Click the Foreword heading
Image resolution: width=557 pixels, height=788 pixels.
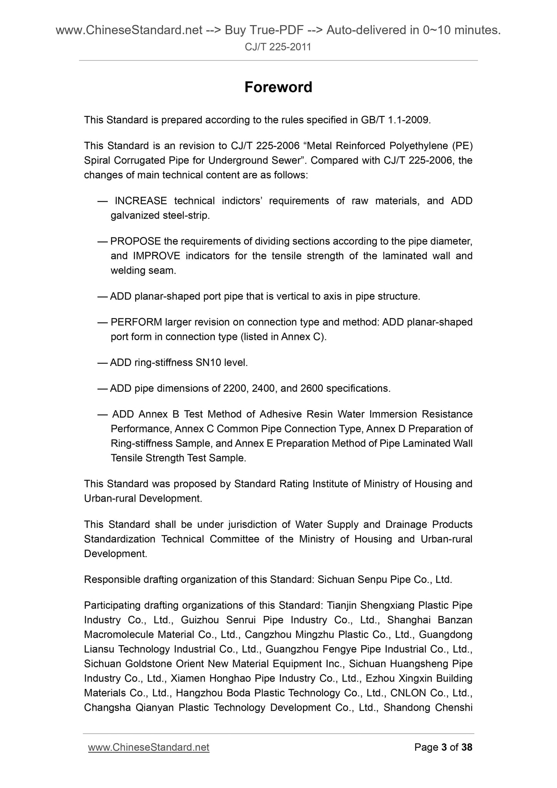pyautogui.click(x=278, y=88)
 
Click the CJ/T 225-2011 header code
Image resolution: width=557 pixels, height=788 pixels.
pyautogui.click(x=278, y=47)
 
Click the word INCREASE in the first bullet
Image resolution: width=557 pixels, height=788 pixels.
pyautogui.click(x=141, y=201)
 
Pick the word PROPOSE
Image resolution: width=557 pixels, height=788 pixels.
pyautogui.click(x=135, y=241)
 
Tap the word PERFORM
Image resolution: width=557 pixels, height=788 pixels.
pyautogui.click(x=136, y=322)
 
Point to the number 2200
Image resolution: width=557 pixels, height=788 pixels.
pyautogui.click(x=235, y=388)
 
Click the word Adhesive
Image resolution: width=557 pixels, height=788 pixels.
pyautogui.click(x=280, y=414)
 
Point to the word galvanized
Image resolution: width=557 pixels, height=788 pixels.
pyautogui.click(x=133, y=216)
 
